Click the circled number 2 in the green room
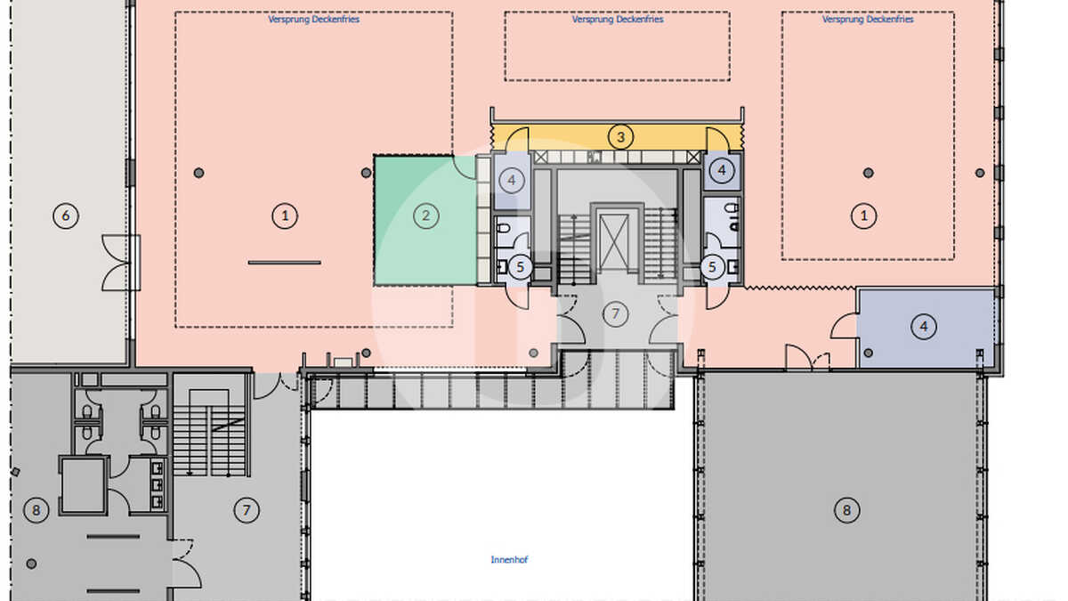[425, 216]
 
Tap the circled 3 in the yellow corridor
[621, 137]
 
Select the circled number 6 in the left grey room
[66, 216]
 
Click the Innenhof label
[509, 559]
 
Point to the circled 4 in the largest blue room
[924, 327]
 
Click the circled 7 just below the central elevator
[616, 313]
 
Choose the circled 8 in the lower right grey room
[846, 510]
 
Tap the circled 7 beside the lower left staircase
[247, 510]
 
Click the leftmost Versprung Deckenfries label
[313, 20]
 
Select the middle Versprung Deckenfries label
[618, 20]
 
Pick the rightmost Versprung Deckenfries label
[868, 20]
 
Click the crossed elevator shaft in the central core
[614, 241]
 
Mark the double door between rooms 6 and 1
[120, 263]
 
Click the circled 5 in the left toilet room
[520, 267]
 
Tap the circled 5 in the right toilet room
[712, 267]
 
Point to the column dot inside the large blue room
[869, 353]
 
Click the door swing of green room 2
[464, 167]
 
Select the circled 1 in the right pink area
[864, 216]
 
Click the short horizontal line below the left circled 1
[285, 263]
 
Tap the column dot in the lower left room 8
[31, 564]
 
